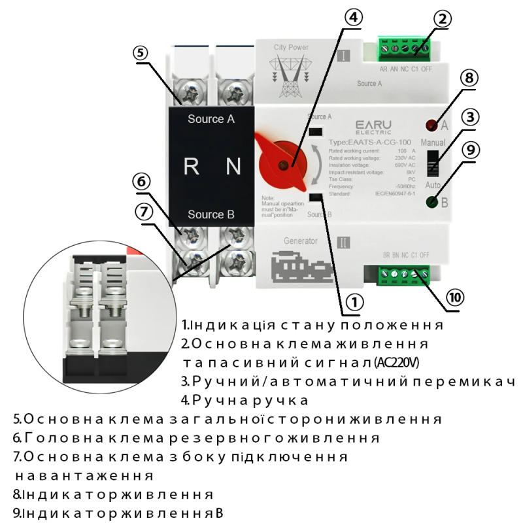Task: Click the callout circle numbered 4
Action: [353, 18]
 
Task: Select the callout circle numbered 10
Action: [456, 297]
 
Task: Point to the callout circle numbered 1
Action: [354, 302]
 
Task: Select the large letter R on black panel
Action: [191, 167]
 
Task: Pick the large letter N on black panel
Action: [233, 167]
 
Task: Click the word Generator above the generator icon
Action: [301, 241]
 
